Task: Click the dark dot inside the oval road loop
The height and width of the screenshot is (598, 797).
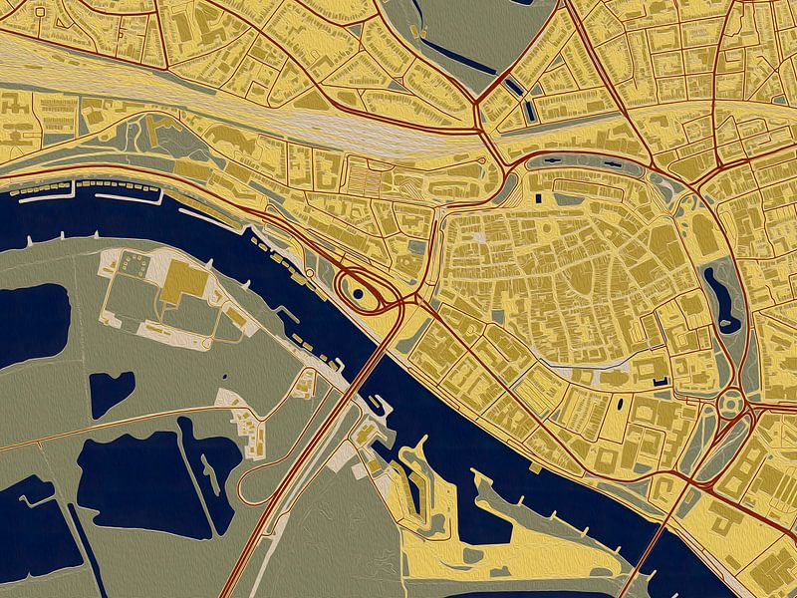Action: [357, 293]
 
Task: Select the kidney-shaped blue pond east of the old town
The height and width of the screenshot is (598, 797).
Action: [723, 298]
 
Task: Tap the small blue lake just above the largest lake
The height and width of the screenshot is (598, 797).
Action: [111, 393]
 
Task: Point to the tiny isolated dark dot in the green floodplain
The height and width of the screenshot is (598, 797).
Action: [223, 377]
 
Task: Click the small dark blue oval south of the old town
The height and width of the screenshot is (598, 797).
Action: [622, 405]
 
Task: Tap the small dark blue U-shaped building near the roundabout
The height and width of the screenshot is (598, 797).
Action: [657, 381]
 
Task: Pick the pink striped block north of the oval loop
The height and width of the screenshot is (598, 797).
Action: [364, 178]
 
